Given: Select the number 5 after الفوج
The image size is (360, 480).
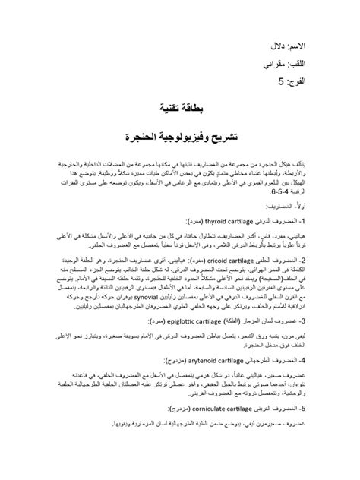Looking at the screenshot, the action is [283, 81].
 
